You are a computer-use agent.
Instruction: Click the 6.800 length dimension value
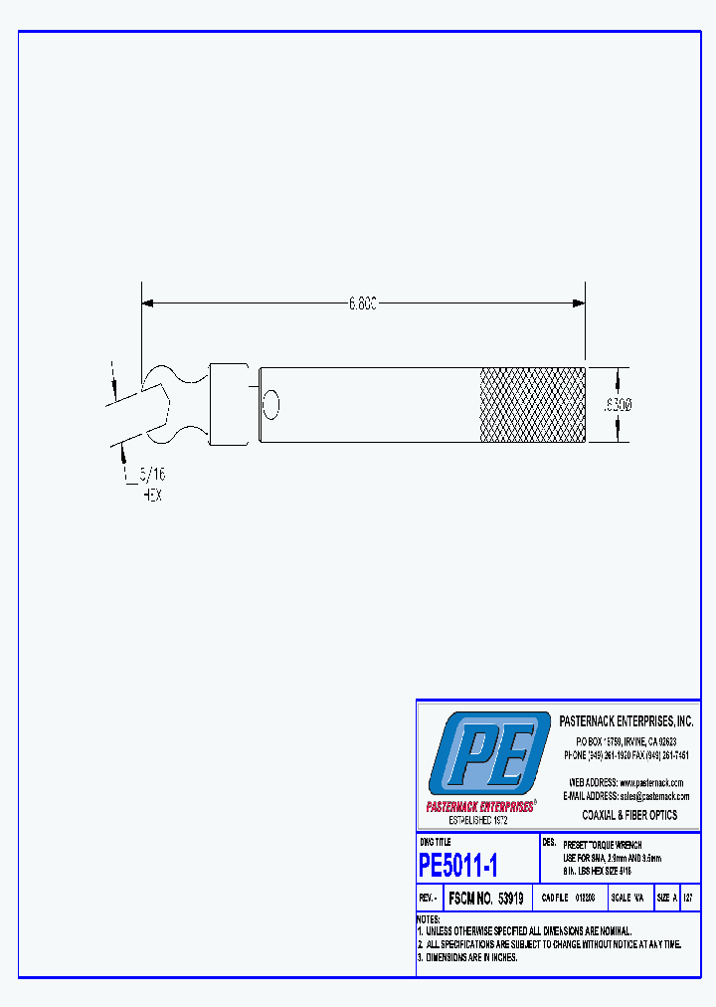362,303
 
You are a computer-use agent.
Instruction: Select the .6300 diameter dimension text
620,405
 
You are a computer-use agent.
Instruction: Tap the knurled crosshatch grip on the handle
533,405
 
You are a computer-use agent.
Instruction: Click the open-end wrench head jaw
165,405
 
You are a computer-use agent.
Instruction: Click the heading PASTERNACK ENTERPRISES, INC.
626,721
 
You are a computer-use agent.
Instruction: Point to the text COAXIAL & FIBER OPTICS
628,815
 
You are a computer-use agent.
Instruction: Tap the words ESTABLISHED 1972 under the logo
478,821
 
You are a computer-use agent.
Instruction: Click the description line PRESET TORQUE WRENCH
603,845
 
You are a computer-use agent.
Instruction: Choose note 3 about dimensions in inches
467,957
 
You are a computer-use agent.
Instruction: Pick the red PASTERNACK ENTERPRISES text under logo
479,807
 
